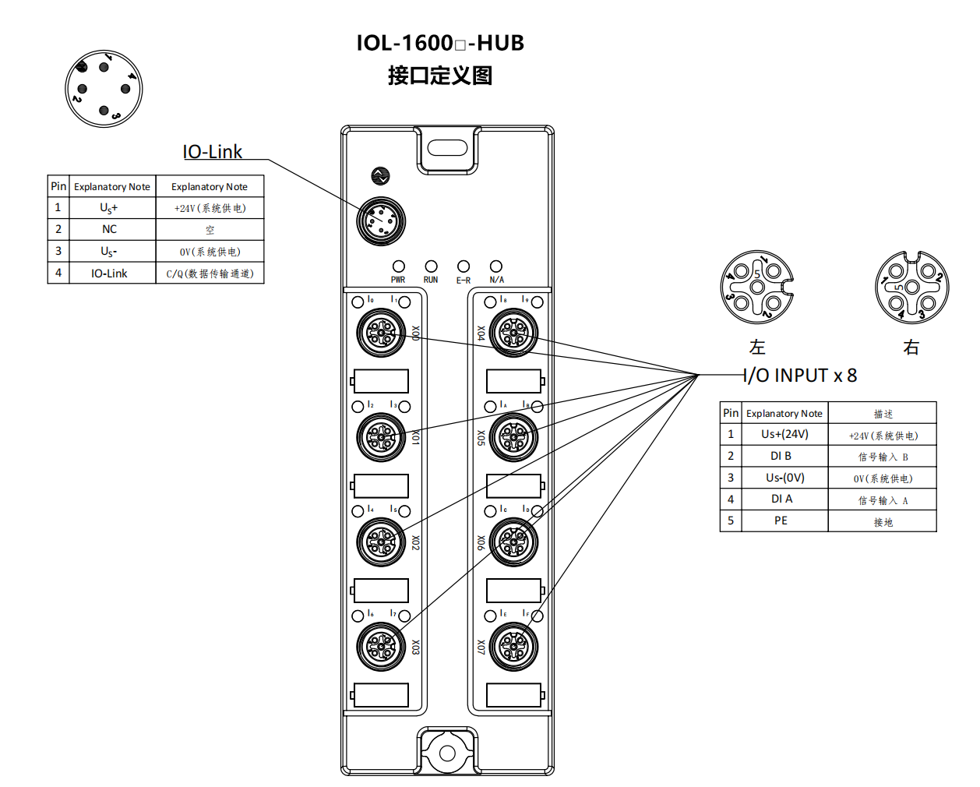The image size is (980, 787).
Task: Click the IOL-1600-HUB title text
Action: (x=440, y=43)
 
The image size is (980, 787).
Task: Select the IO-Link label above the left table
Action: (x=212, y=152)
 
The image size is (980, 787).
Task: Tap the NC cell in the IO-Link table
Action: (x=109, y=229)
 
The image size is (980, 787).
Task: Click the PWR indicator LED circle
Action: (x=398, y=266)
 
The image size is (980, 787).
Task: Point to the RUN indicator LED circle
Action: (x=431, y=266)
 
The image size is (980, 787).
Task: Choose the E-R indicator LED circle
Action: (x=464, y=266)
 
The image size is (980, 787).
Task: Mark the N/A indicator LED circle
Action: (x=496, y=266)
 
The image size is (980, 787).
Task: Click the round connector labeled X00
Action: (x=381, y=333)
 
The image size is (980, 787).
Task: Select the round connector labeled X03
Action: (x=381, y=647)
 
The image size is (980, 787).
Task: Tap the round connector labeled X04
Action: (x=514, y=333)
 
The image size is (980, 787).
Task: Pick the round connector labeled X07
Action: (x=514, y=647)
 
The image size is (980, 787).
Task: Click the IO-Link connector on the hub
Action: (x=381, y=221)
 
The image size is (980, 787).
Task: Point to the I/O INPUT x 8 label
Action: (x=800, y=376)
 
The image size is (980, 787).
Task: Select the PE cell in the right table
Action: (x=781, y=521)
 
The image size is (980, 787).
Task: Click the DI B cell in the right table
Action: (x=781, y=456)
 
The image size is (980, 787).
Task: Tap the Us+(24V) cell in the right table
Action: (x=784, y=434)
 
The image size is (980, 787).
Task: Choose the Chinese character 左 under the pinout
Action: (x=757, y=348)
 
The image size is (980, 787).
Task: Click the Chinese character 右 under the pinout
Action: (x=911, y=348)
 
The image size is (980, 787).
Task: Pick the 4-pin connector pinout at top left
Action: (x=104, y=89)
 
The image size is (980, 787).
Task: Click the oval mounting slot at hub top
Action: (x=447, y=147)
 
